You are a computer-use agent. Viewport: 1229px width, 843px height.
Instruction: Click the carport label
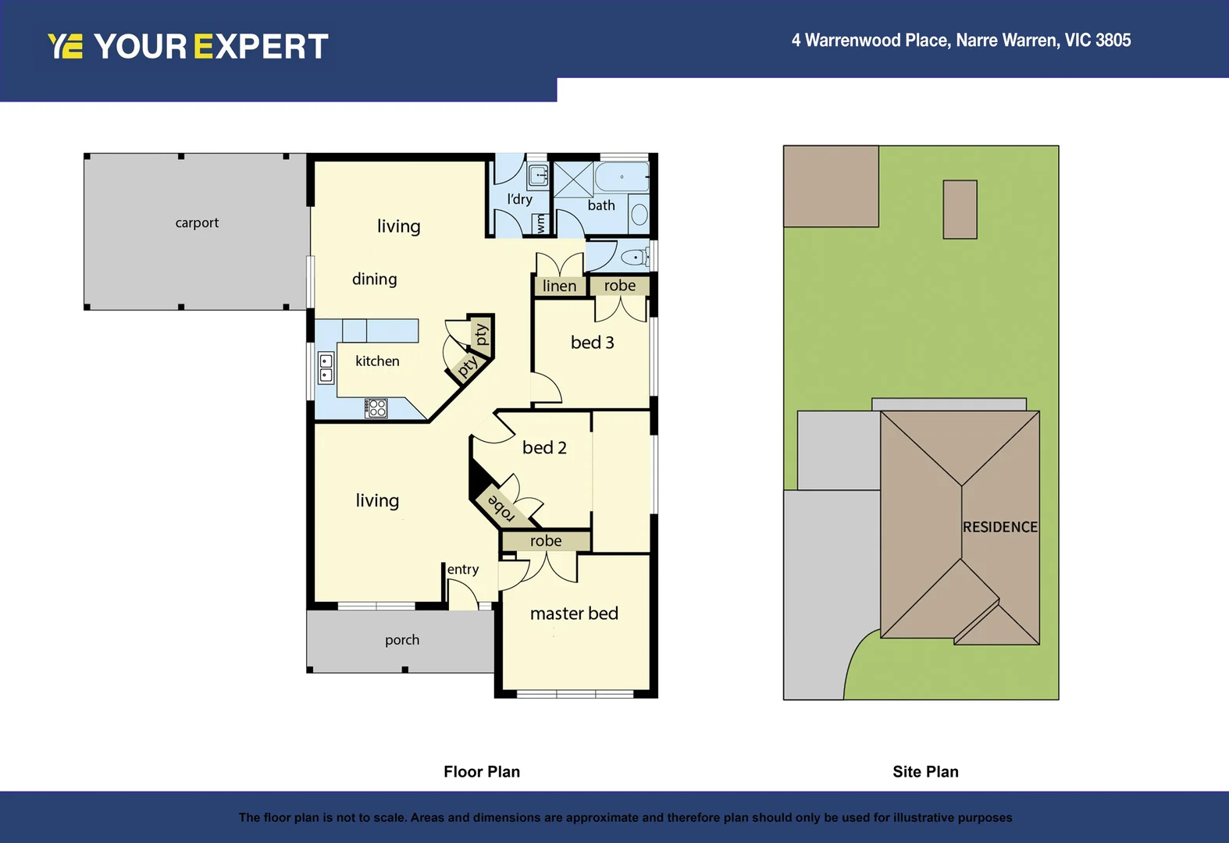coord(197,223)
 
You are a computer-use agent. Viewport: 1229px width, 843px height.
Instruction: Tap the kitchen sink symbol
coord(326,368)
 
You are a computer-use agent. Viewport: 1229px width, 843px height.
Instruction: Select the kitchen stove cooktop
coord(376,407)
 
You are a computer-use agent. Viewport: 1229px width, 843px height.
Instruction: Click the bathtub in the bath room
coord(622,177)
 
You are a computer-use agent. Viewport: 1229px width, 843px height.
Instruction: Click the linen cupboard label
coord(559,286)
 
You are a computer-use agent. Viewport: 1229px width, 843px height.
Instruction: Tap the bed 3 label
coord(592,343)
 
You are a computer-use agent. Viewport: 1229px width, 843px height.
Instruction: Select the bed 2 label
coord(544,448)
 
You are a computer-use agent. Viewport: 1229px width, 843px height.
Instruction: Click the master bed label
coord(574,614)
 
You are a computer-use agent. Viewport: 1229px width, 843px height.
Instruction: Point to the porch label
coord(402,640)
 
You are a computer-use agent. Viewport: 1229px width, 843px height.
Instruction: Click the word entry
coord(463,570)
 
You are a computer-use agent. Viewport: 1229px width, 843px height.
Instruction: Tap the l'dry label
coord(519,199)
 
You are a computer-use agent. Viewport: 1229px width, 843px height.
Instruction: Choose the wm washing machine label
coord(540,223)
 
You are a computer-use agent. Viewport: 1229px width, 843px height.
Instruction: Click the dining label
coord(374,279)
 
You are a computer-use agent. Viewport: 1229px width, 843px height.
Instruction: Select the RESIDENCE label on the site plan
coord(999,528)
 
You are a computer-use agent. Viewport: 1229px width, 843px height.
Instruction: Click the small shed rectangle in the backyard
coord(960,209)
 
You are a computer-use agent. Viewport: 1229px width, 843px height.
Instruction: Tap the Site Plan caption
coord(925,772)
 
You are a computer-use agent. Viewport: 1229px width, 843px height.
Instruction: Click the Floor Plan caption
coord(482,772)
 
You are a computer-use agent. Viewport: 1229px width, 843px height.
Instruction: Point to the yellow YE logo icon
coord(65,46)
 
